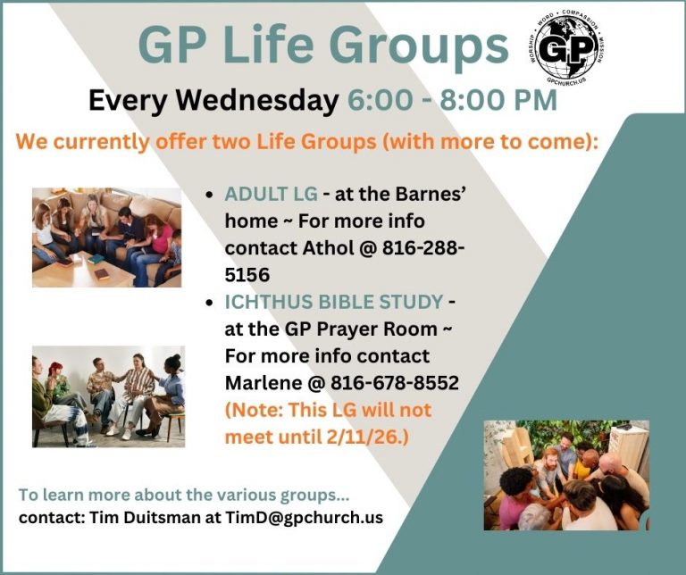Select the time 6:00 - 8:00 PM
(452, 100)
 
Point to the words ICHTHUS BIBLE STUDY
(334, 302)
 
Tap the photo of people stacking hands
(566, 475)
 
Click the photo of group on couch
(106, 237)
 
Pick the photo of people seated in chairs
(108, 396)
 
